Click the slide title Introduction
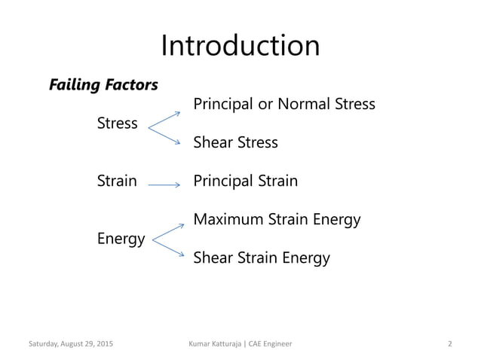(x=240, y=45)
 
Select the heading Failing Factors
(x=103, y=85)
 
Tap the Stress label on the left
(x=118, y=123)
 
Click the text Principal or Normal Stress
(x=284, y=104)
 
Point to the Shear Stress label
(x=235, y=142)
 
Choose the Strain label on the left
(x=117, y=181)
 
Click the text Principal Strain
(x=245, y=181)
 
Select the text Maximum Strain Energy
(x=277, y=220)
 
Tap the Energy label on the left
(x=121, y=239)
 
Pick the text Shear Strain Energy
(x=262, y=258)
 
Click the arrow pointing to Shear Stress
(x=165, y=136)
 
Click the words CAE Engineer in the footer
(x=273, y=344)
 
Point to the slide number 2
(x=449, y=344)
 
